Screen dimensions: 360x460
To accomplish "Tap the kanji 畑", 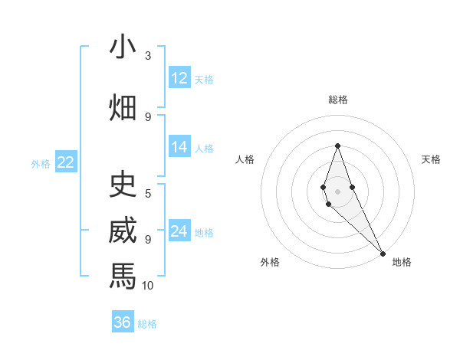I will [123, 106].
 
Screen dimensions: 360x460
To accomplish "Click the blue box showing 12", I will [179, 78].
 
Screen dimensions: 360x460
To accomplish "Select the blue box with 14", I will [179, 147].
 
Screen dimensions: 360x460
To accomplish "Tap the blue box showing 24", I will [179, 231].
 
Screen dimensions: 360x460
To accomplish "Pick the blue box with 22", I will [65, 162].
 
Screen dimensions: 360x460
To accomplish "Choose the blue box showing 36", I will [123, 322].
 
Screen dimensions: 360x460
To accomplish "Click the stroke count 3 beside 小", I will [148, 56].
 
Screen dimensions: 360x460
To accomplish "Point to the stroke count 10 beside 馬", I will [148, 286].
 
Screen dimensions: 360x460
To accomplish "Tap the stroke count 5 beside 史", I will [148, 193].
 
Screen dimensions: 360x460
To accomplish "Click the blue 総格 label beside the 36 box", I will [147, 324].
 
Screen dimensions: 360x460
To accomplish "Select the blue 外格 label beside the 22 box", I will [41, 163].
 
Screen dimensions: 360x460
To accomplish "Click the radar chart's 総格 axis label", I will [337, 100].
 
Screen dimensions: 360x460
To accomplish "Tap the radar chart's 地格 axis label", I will [402, 263].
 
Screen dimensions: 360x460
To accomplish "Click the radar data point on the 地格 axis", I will [383, 253].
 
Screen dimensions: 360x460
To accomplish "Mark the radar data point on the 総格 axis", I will [337, 146].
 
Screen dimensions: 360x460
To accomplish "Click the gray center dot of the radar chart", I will [337, 191].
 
